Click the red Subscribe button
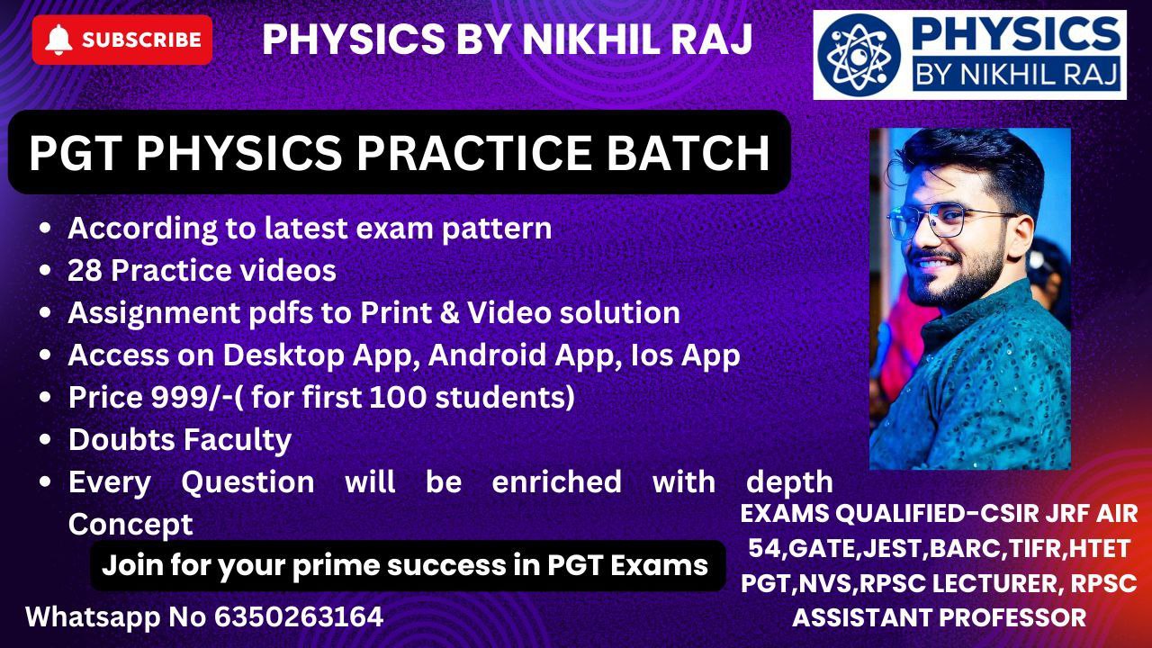(122, 40)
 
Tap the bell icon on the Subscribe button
(58, 40)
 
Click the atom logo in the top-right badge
(859, 56)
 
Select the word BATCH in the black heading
(688, 152)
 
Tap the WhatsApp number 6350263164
(299, 616)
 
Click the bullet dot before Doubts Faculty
(45, 440)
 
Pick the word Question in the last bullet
(247, 482)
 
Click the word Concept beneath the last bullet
(130, 525)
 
